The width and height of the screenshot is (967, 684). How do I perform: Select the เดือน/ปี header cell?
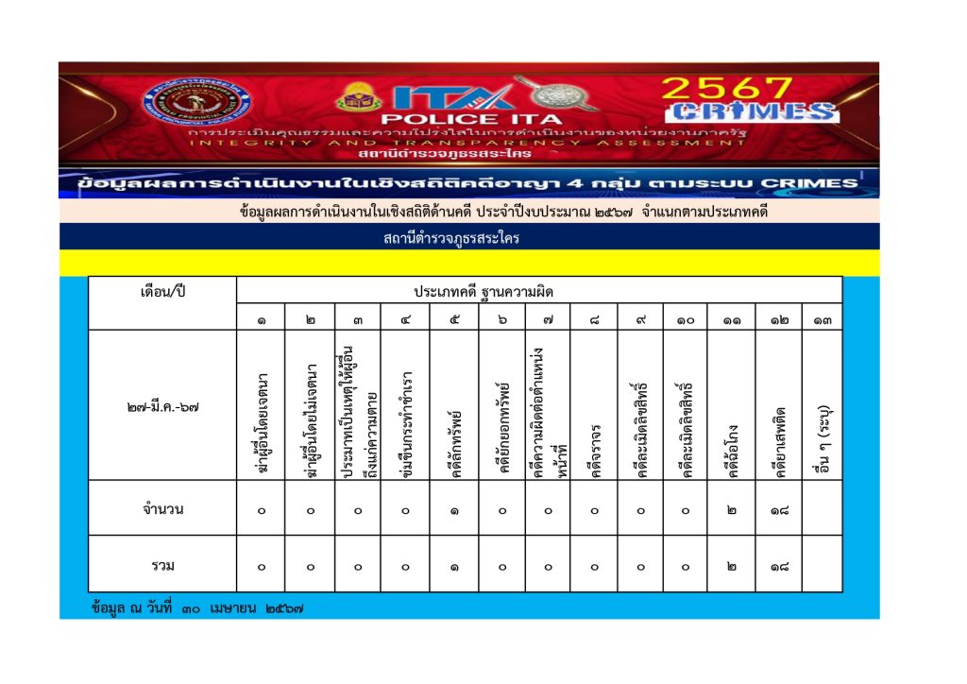(x=161, y=290)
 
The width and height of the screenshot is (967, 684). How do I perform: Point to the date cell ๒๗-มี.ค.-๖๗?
(x=161, y=407)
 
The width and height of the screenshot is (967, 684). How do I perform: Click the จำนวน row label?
(x=161, y=509)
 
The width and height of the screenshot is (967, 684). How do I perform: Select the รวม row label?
(x=161, y=566)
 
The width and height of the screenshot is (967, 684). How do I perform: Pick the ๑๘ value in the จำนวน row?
(x=778, y=510)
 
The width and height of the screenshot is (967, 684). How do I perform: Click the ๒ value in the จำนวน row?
(x=732, y=510)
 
